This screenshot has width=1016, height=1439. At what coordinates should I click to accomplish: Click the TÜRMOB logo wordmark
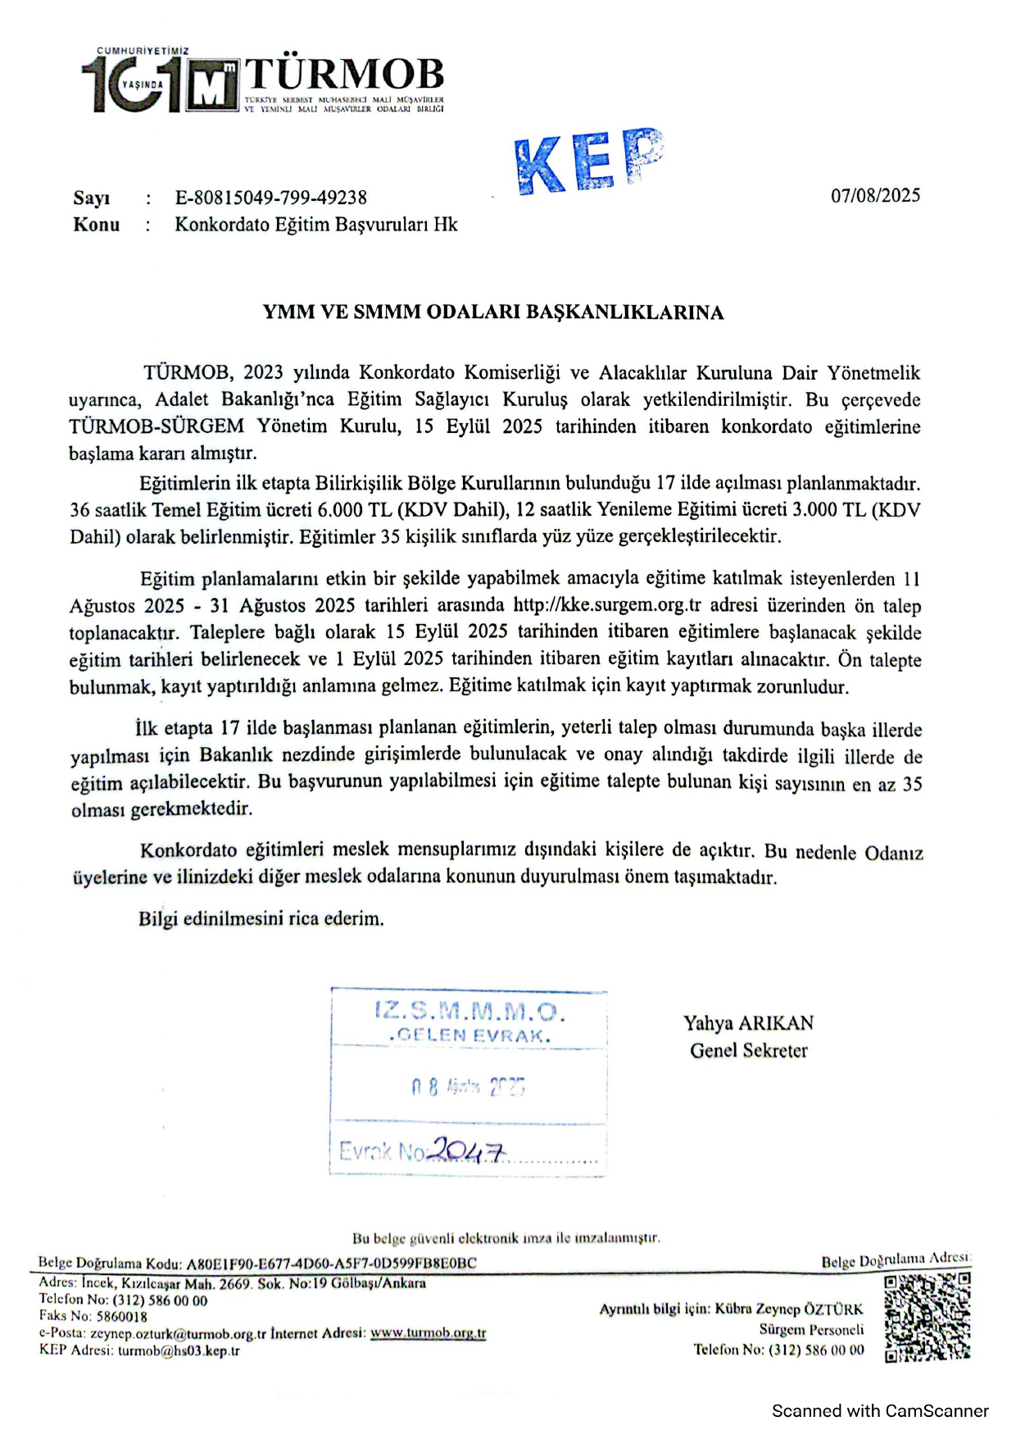coord(344,75)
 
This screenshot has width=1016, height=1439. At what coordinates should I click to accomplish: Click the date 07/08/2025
coord(875,195)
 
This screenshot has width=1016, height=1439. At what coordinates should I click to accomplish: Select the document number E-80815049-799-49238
coord(271,198)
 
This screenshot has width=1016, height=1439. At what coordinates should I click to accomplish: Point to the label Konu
coord(96,225)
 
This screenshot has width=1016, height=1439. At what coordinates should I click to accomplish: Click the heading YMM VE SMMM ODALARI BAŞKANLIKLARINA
coord(493,312)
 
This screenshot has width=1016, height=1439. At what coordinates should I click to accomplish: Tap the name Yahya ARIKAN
coord(748,1023)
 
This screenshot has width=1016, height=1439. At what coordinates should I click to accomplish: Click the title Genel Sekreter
coord(748,1050)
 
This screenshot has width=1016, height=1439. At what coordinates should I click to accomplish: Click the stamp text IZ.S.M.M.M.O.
coord(469,1011)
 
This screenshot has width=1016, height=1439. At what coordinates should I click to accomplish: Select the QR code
coord(928,1318)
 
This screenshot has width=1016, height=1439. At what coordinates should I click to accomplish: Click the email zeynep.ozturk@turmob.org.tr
coord(178,1334)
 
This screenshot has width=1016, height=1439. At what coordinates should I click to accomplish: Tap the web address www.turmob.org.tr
coord(428,1334)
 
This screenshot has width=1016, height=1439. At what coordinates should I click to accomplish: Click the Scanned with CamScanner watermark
coord(879,1411)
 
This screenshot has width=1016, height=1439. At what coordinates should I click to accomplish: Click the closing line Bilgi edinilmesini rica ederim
coord(261,918)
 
